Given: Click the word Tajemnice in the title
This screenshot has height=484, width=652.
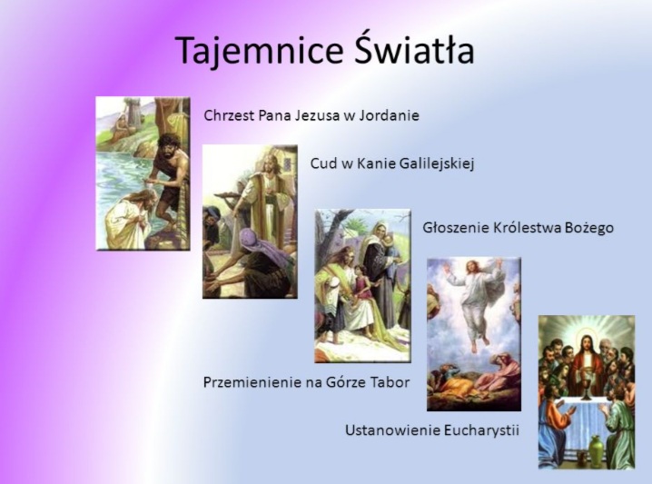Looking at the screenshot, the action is pos(259,51).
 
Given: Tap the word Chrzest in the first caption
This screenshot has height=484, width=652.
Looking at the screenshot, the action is pos(229,115).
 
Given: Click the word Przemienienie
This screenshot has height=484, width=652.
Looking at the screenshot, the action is pos(253,382).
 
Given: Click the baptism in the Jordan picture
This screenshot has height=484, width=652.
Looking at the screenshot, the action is pos(143,173).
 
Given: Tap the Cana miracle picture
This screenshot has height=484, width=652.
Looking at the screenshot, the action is pos(250,222).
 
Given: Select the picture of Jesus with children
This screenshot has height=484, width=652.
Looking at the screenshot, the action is pos(362,286).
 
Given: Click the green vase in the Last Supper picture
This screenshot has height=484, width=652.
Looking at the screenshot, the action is pos(598,450).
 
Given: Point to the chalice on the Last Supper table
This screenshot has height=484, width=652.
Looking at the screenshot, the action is pos(587,385).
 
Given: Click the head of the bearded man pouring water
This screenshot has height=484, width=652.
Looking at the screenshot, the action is pos(167,145).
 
